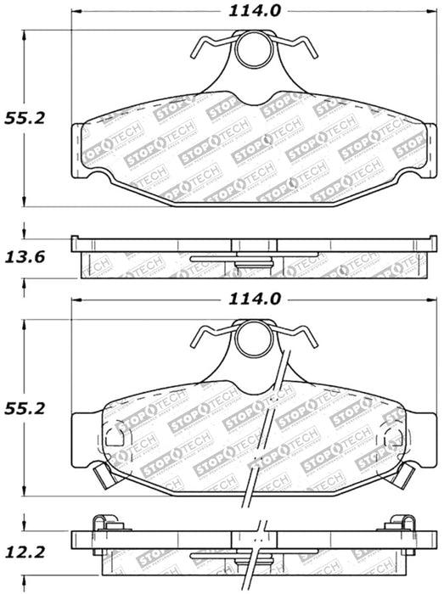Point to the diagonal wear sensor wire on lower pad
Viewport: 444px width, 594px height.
[x=265, y=441]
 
